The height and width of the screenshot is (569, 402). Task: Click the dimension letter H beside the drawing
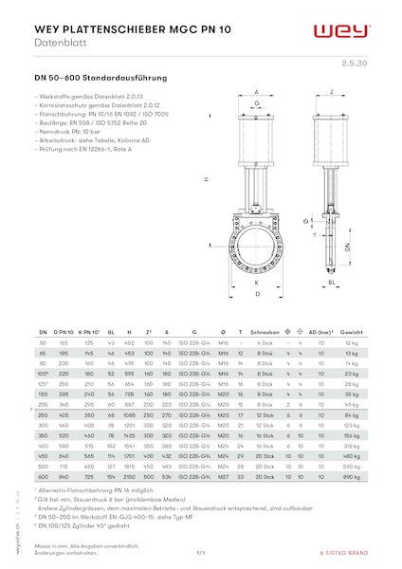[x=206, y=179]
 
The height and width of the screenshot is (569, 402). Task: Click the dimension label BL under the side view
[x=333, y=283]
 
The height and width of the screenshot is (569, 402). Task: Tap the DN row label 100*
[x=42, y=375]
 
